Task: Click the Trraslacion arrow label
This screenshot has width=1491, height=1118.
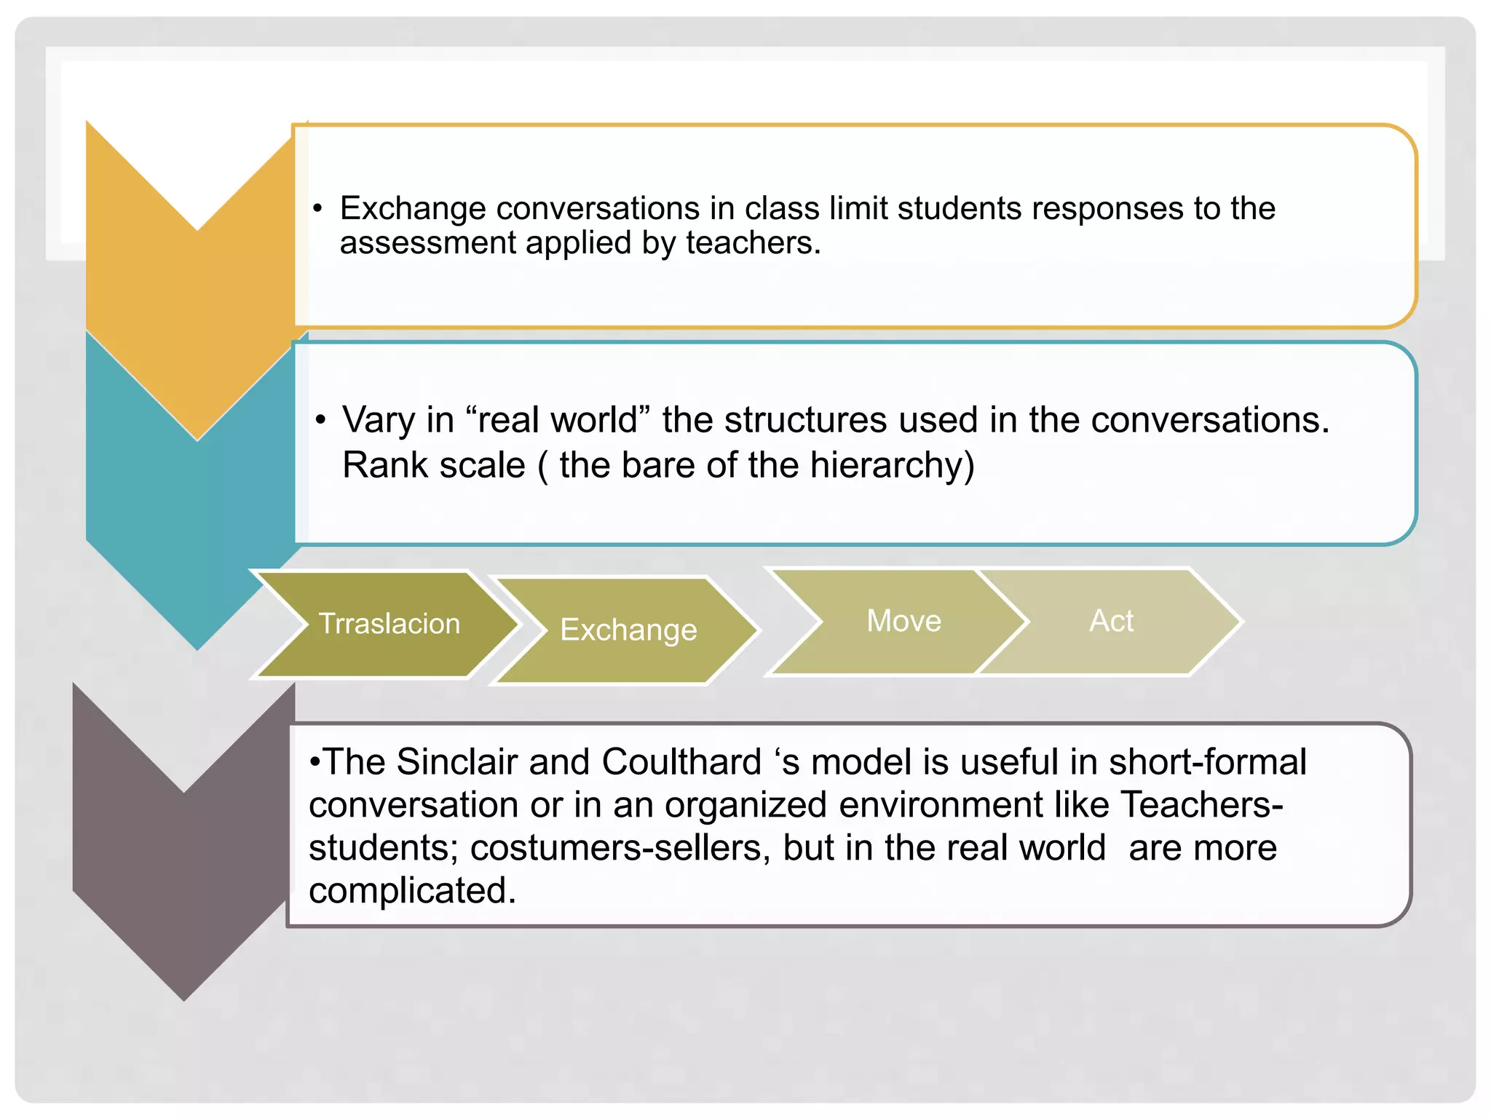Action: click(x=389, y=624)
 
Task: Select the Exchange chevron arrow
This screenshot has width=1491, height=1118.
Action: click(x=628, y=630)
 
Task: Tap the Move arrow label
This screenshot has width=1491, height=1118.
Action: click(x=903, y=621)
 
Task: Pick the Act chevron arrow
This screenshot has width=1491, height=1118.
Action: click(x=1111, y=621)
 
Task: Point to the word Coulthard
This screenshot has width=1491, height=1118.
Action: click(x=681, y=762)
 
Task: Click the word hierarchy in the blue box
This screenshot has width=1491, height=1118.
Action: click(x=891, y=465)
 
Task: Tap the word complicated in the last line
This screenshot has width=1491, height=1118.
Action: click(x=412, y=890)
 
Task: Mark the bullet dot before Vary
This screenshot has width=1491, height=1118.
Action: click(x=320, y=421)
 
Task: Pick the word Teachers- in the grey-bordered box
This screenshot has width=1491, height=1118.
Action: click(x=1201, y=805)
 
